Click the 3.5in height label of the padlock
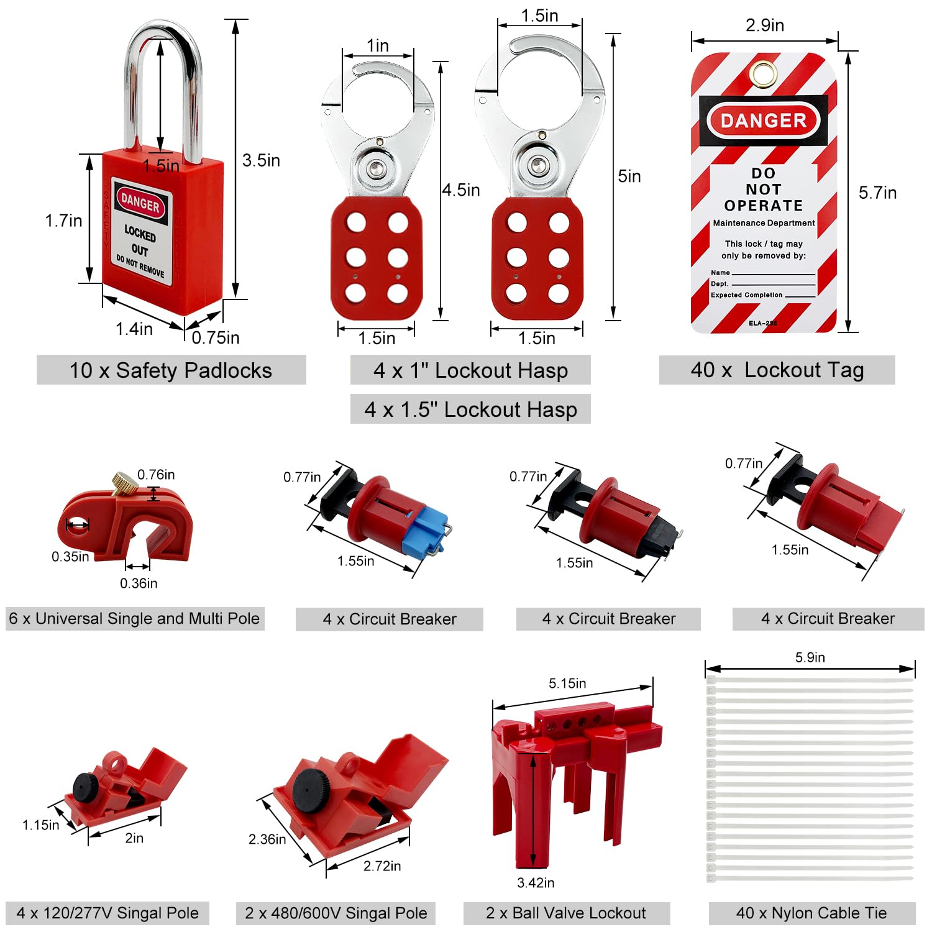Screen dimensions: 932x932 click(x=261, y=160)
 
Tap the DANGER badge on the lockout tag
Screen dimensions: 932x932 click(x=764, y=121)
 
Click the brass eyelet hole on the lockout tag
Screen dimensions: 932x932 click(x=764, y=73)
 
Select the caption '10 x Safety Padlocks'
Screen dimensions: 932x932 click(x=171, y=370)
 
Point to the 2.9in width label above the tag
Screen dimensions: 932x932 click(x=765, y=25)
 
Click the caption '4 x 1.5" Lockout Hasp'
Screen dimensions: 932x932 click(x=470, y=409)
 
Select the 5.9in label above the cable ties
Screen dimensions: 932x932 click(x=810, y=657)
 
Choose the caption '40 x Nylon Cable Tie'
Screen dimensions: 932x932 click(x=811, y=913)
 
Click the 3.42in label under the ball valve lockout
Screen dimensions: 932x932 click(x=536, y=883)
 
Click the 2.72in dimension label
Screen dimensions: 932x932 click(x=382, y=866)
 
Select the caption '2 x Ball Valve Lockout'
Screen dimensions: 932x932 click(x=566, y=913)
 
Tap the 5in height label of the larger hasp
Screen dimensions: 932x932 click(x=629, y=176)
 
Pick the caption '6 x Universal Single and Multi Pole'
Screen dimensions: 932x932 click(x=134, y=619)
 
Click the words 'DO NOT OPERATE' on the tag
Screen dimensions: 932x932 click(x=764, y=190)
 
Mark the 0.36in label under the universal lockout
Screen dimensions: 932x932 click(x=139, y=583)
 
